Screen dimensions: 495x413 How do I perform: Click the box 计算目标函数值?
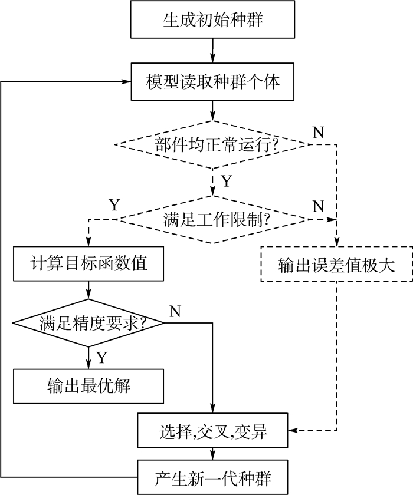click(88, 262)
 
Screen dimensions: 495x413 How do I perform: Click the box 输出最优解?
click(88, 386)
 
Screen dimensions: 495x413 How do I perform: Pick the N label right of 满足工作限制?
click(319, 206)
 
